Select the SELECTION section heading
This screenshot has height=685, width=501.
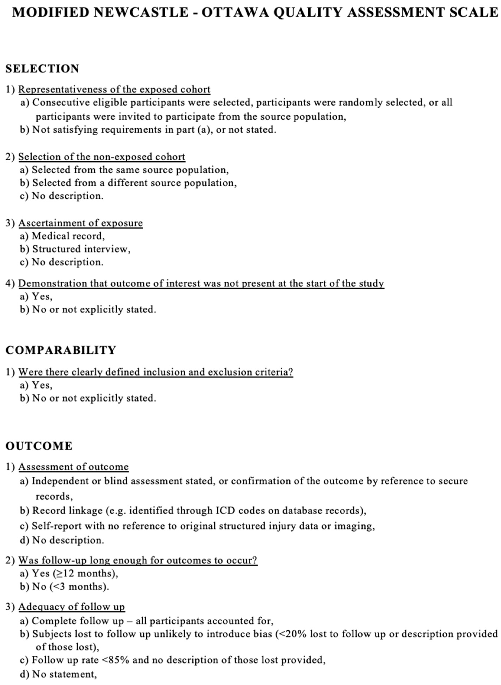click(42, 69)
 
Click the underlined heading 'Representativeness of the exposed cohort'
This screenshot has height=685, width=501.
click(114, 90)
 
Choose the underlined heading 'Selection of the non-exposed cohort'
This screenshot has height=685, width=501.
click(102, 157)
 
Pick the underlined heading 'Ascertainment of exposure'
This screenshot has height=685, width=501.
click(80, 223)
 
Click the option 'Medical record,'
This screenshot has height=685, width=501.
click(68, 236)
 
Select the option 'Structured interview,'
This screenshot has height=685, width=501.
click(81, 249)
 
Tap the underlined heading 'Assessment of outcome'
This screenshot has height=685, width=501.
click(73, 467)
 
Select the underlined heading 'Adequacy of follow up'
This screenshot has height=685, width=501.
click(72, 607)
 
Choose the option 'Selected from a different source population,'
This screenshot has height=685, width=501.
click(134, 183)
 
